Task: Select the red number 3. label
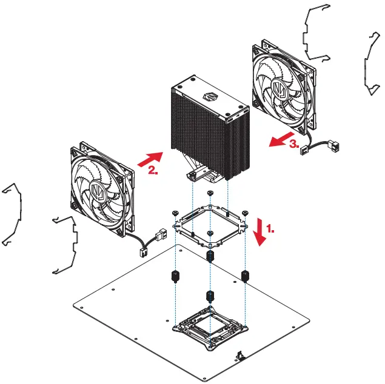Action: click(293, 145)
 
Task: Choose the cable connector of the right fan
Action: click(333, 146)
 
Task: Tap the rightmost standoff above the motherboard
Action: click(246, 277)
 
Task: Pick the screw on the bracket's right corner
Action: click(245, 212)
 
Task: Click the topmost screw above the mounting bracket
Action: click(210, 193)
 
